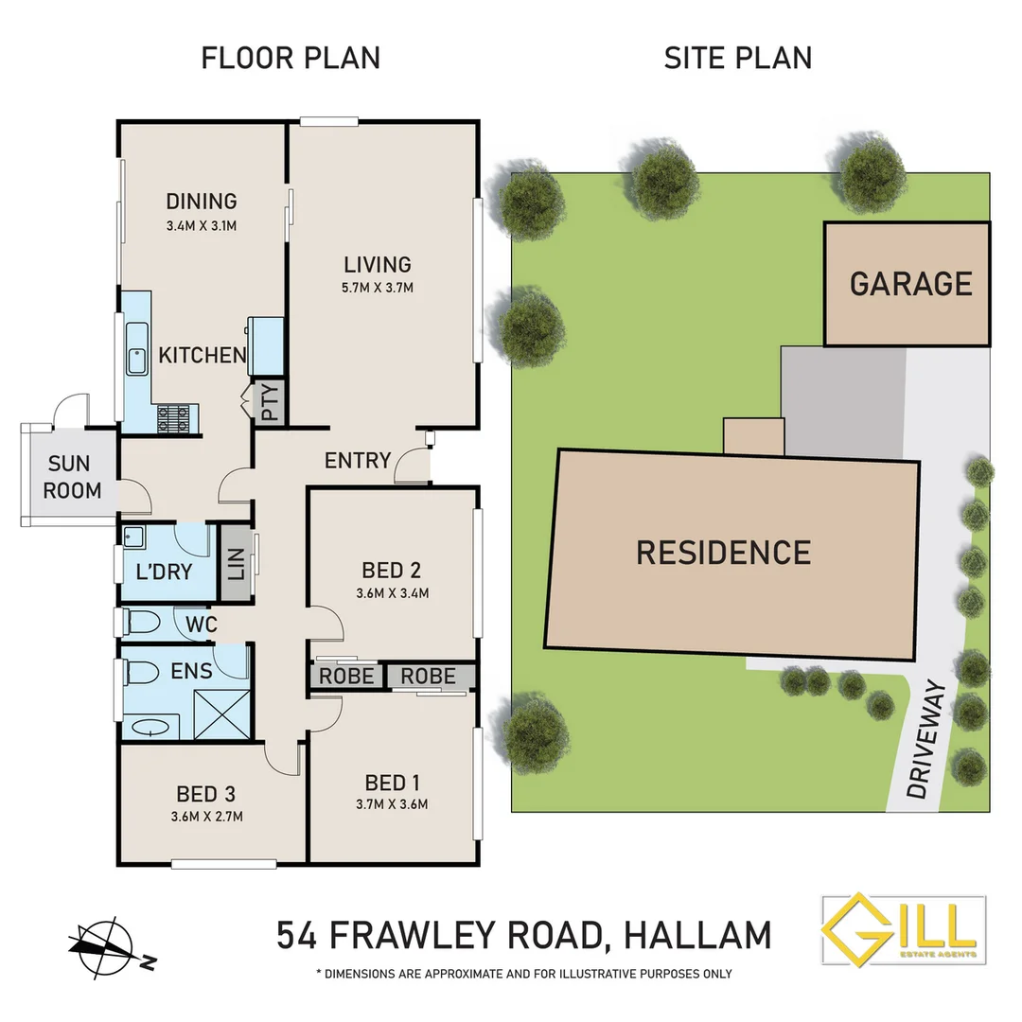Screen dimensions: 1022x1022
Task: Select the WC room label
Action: pyautogui.click(x=202, y=624)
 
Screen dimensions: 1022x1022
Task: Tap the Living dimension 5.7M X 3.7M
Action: pyautogui.click(x=378, y=288)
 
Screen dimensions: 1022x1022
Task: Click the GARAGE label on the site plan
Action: pyautogui.click(x=910, y=283)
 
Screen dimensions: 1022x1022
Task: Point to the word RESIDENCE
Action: pyautogui.click(x=723, y=552)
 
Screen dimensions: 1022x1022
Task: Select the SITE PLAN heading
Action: pyautogui.click(x=737, y=58)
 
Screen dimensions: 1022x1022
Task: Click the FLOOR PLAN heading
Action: pyautogui.click(x=291, y=58)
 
